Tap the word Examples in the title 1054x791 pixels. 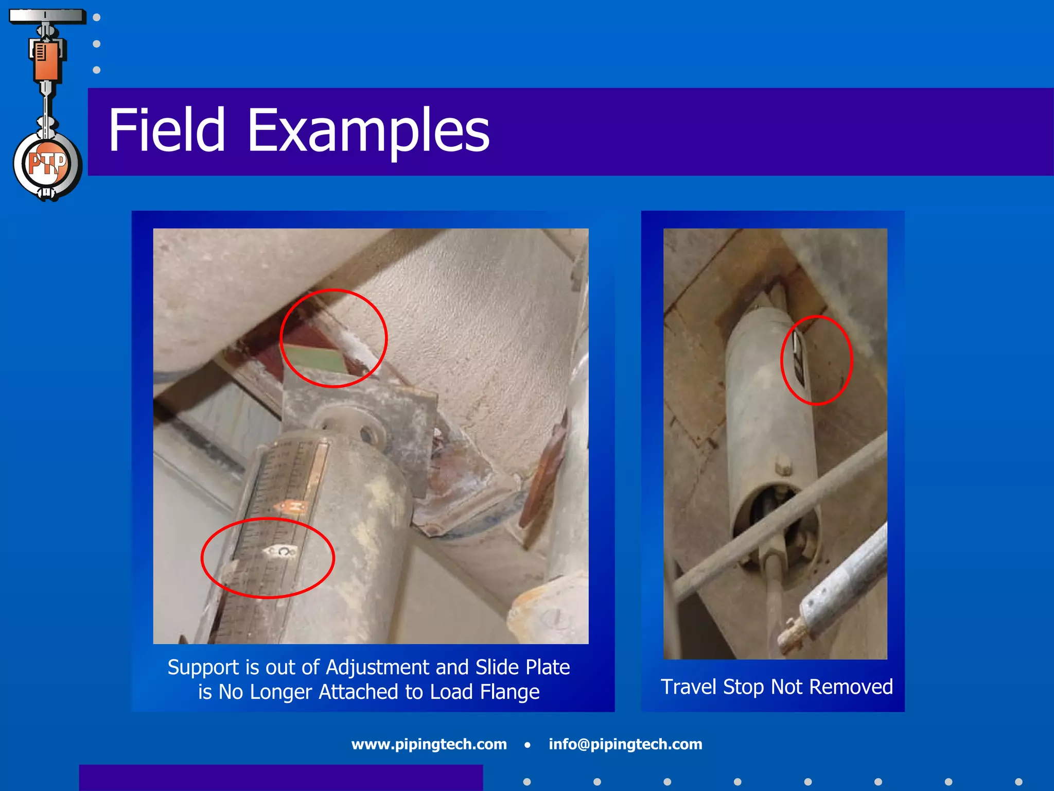coord(368,131)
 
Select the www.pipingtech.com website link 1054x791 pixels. coord(429,744)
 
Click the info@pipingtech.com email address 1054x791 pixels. coord(625,744)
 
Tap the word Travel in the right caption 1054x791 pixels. coord(689,687)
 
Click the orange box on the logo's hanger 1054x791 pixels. coord(46,61)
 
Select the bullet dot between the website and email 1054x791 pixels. coord(528,745)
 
